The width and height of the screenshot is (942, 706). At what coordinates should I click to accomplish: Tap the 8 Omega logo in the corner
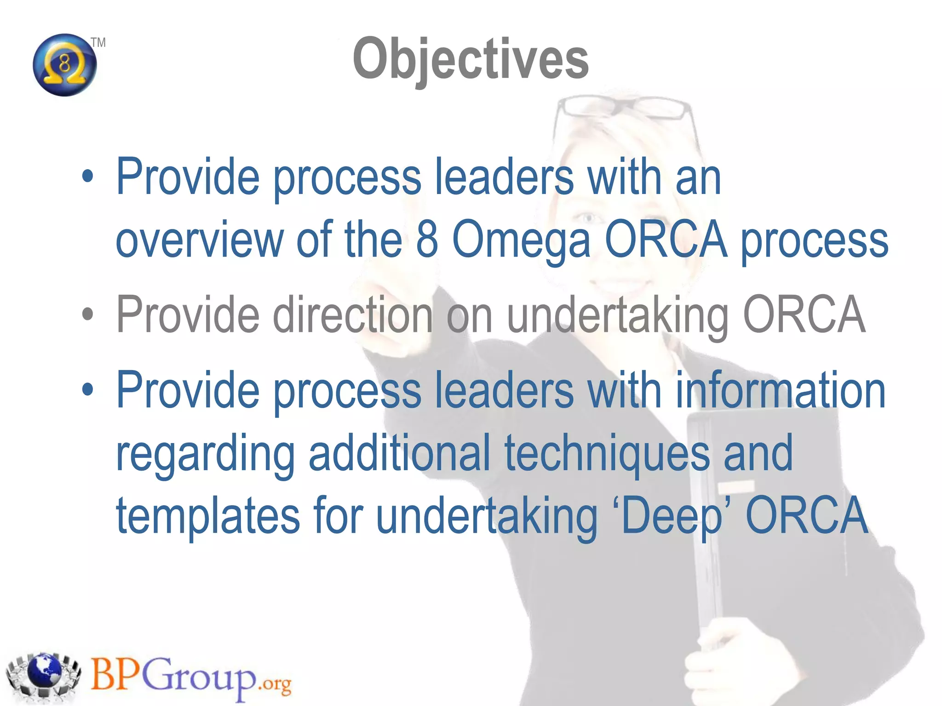pyautogui.click(x=65, y=65)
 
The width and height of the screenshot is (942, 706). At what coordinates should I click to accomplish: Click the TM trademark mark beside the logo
pyautogui.click(x=98, y=43)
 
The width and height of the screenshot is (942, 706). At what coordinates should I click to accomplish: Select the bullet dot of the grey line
pyautogui.click(x=87, y=314)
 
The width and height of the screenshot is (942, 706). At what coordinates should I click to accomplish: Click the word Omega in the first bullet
pyautogui.click(x=521, y=240)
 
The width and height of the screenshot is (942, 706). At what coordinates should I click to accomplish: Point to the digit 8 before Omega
pyautogui.click(x=426, y=240)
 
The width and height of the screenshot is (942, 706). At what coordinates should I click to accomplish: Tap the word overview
pyautogui.click(x=200, y=240)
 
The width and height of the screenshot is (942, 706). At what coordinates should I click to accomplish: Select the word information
pyautogui.click(x=780, y=390)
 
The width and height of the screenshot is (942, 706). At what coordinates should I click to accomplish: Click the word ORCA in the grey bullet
pyautogui.click(x=804, y=314)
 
